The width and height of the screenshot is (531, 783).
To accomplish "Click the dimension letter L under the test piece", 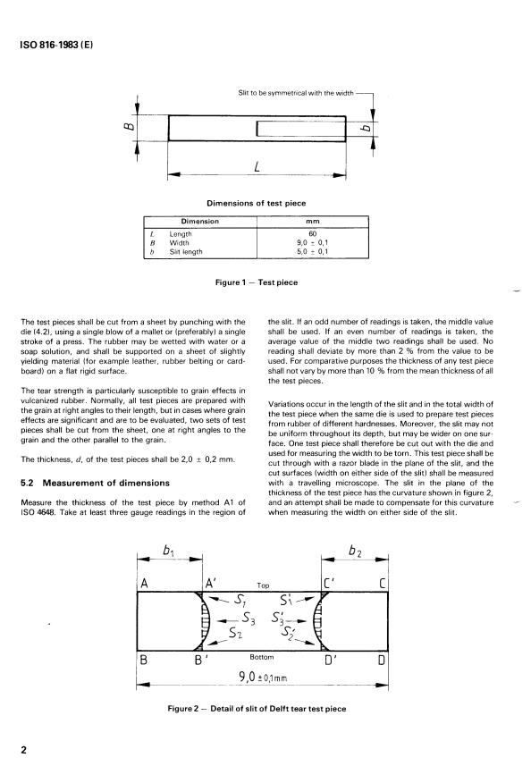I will point(257,166).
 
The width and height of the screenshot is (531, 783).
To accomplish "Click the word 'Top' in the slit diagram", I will point(263,586).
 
